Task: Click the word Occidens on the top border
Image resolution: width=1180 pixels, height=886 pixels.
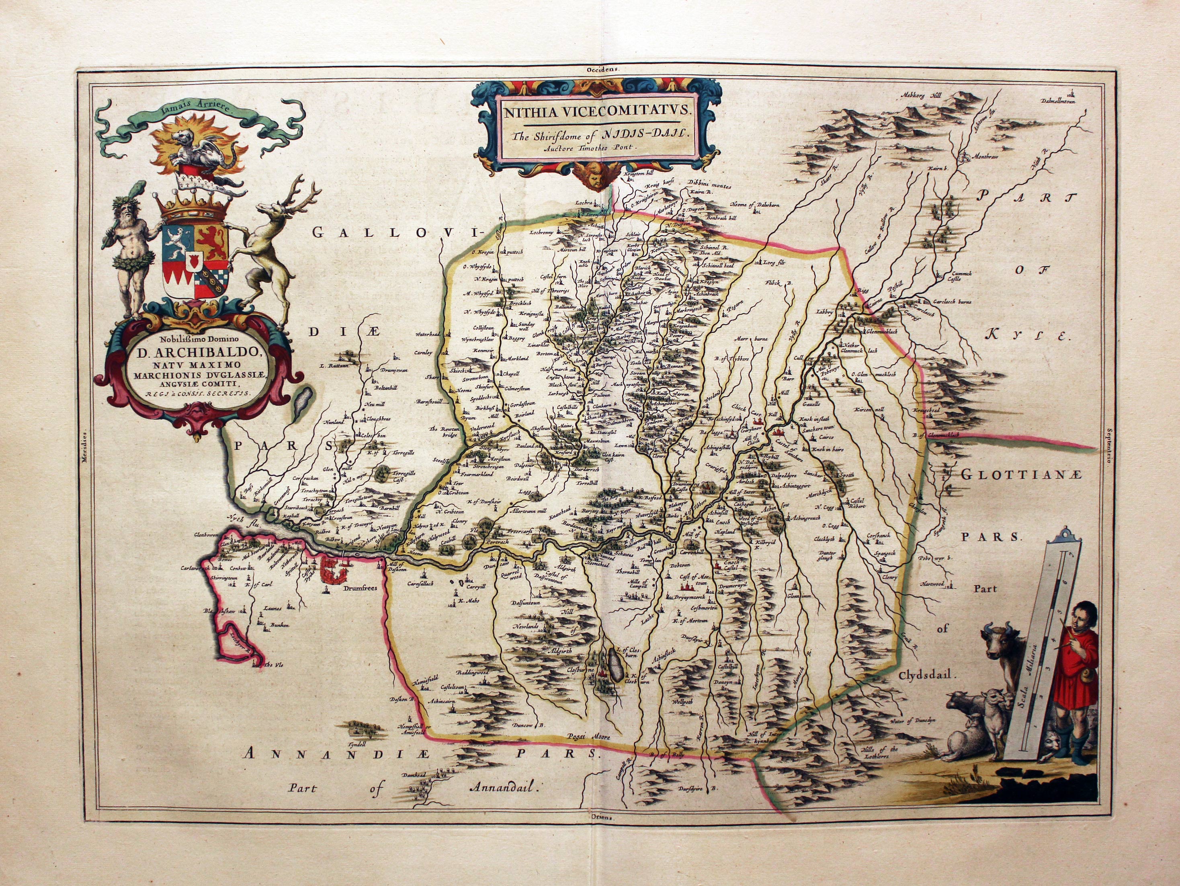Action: point(600,69)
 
